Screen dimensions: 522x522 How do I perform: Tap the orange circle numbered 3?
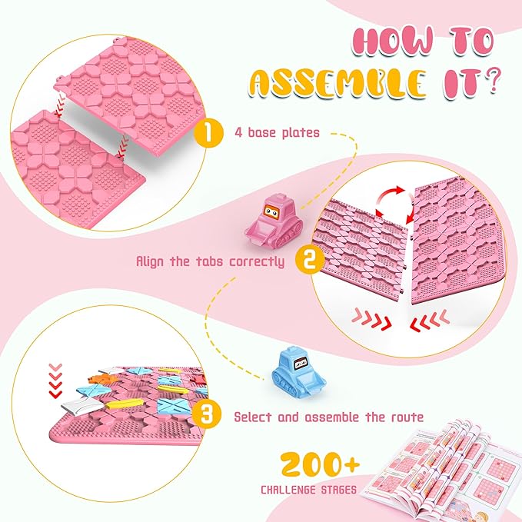tap(206, 416)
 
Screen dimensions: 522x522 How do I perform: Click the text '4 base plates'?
tap(277, 133)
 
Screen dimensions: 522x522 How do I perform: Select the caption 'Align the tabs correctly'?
tap(210, 261)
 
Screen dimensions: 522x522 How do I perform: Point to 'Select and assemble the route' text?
tap(328, 417)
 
